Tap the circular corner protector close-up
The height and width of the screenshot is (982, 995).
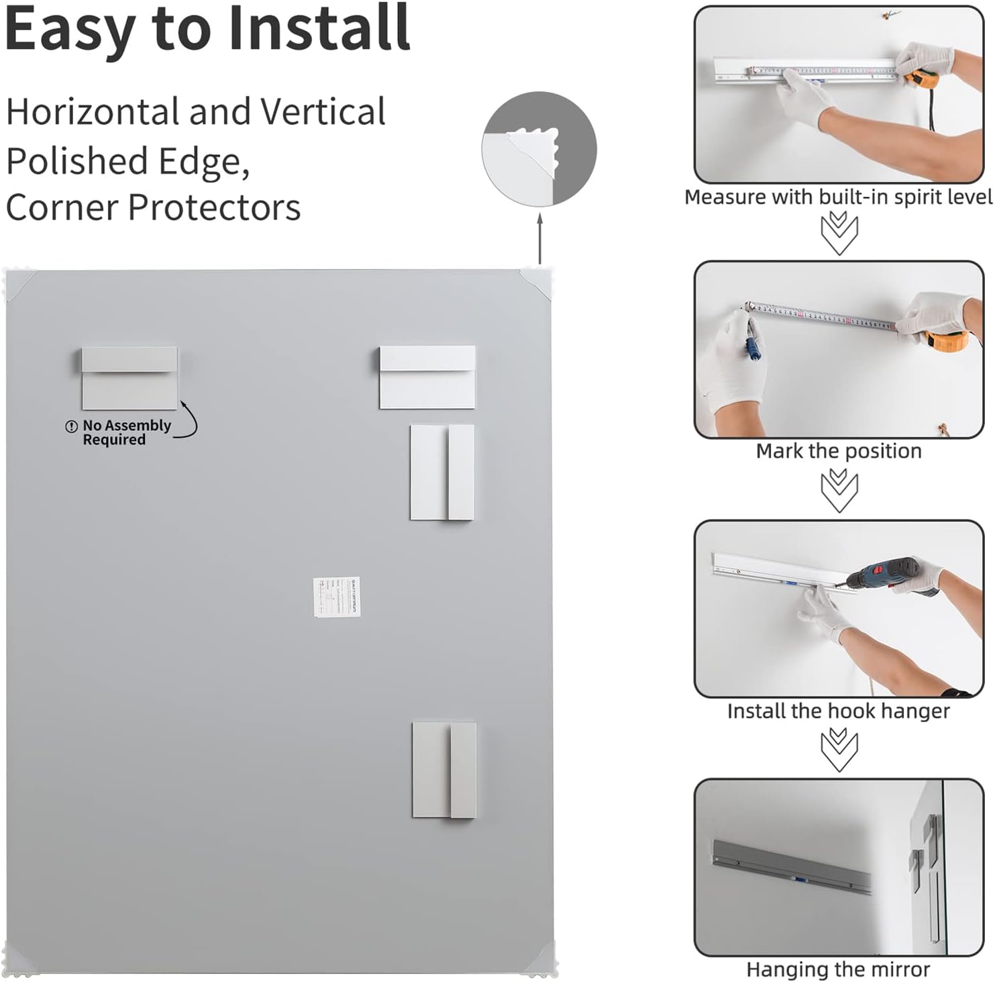(x=539, y=149)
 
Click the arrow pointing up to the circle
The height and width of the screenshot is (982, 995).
(x=540, y=238)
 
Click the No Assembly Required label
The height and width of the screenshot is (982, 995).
(x=118, y=433)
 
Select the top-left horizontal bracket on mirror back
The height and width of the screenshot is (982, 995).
(x=129, y=378)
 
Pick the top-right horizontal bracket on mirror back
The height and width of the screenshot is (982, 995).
(x=427, y=377)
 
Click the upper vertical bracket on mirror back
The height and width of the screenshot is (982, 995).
(x=442, y=472)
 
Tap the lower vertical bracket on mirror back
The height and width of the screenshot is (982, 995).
(x=444, y=770)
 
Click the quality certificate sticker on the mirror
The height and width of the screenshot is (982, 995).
(x=337, y=597)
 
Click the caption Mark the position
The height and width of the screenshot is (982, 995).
(x=839, y=451)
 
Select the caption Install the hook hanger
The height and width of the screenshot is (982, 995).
(x=839, y=711)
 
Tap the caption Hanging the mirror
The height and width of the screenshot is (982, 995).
(x=839, y=970)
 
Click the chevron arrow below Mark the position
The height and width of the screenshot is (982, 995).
(x=839, y=489)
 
